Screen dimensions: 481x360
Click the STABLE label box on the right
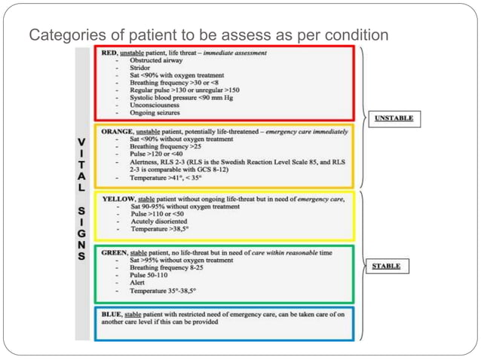(386, 267)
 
